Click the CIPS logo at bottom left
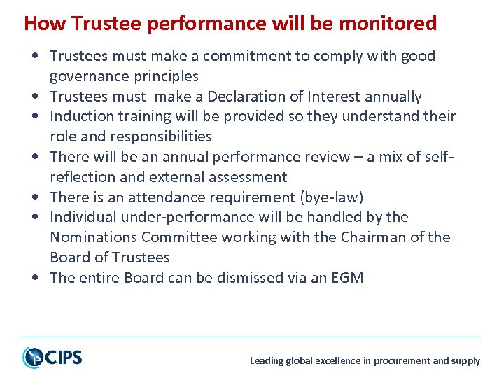tap(52, 358)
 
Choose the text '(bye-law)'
tap(330, 197)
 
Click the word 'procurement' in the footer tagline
tap(402, 361)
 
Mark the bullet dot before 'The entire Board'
tap(35, 278)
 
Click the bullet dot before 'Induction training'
tap(35, 116)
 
